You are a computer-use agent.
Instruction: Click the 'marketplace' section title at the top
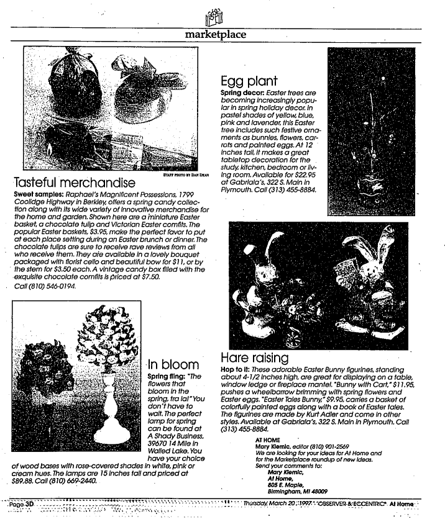pos(216,35)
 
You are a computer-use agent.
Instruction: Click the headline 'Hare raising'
pos(255,358)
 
